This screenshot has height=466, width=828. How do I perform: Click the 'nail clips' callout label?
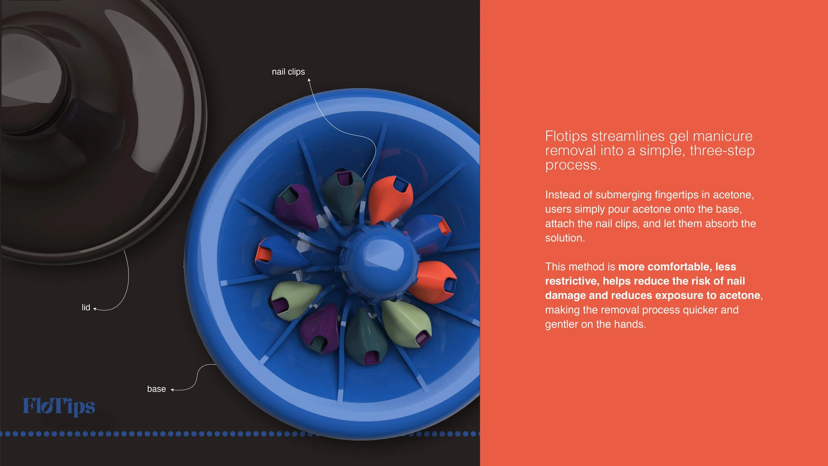(x=288, y=72)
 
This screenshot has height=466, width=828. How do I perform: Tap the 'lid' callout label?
(x=86, y=308)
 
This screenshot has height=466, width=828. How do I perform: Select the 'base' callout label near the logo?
(x=156, y=389)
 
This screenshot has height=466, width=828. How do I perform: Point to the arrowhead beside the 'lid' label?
(x=95, y=309)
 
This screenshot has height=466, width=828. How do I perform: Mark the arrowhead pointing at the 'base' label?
(x=172, y=390)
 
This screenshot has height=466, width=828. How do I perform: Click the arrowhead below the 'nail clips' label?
(x=309, y=80)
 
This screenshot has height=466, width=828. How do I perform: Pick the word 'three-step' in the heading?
(x=722, y=151)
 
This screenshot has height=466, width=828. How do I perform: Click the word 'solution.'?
(x=565, y=238)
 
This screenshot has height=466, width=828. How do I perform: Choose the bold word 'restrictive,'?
(x=572, y=281)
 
